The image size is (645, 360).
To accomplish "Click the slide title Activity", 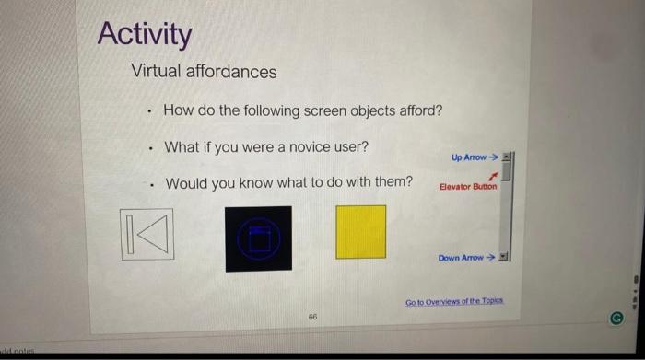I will [145, 34].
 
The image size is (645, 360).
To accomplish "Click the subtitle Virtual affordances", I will [204, 71].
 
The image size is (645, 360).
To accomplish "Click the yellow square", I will [361, 232].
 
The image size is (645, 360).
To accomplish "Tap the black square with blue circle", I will [259, 238].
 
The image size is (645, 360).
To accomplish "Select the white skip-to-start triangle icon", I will [147, 235].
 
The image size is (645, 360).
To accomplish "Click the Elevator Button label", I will [468, 187].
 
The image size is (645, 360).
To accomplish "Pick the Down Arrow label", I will [462, 258].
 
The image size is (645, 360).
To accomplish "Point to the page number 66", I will [313, 315].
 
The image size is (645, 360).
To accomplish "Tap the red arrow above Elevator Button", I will [494, 174].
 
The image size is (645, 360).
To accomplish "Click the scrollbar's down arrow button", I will [504, 257].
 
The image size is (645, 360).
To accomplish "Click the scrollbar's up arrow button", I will [506, 157].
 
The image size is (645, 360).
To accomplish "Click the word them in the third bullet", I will [393, 181].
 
